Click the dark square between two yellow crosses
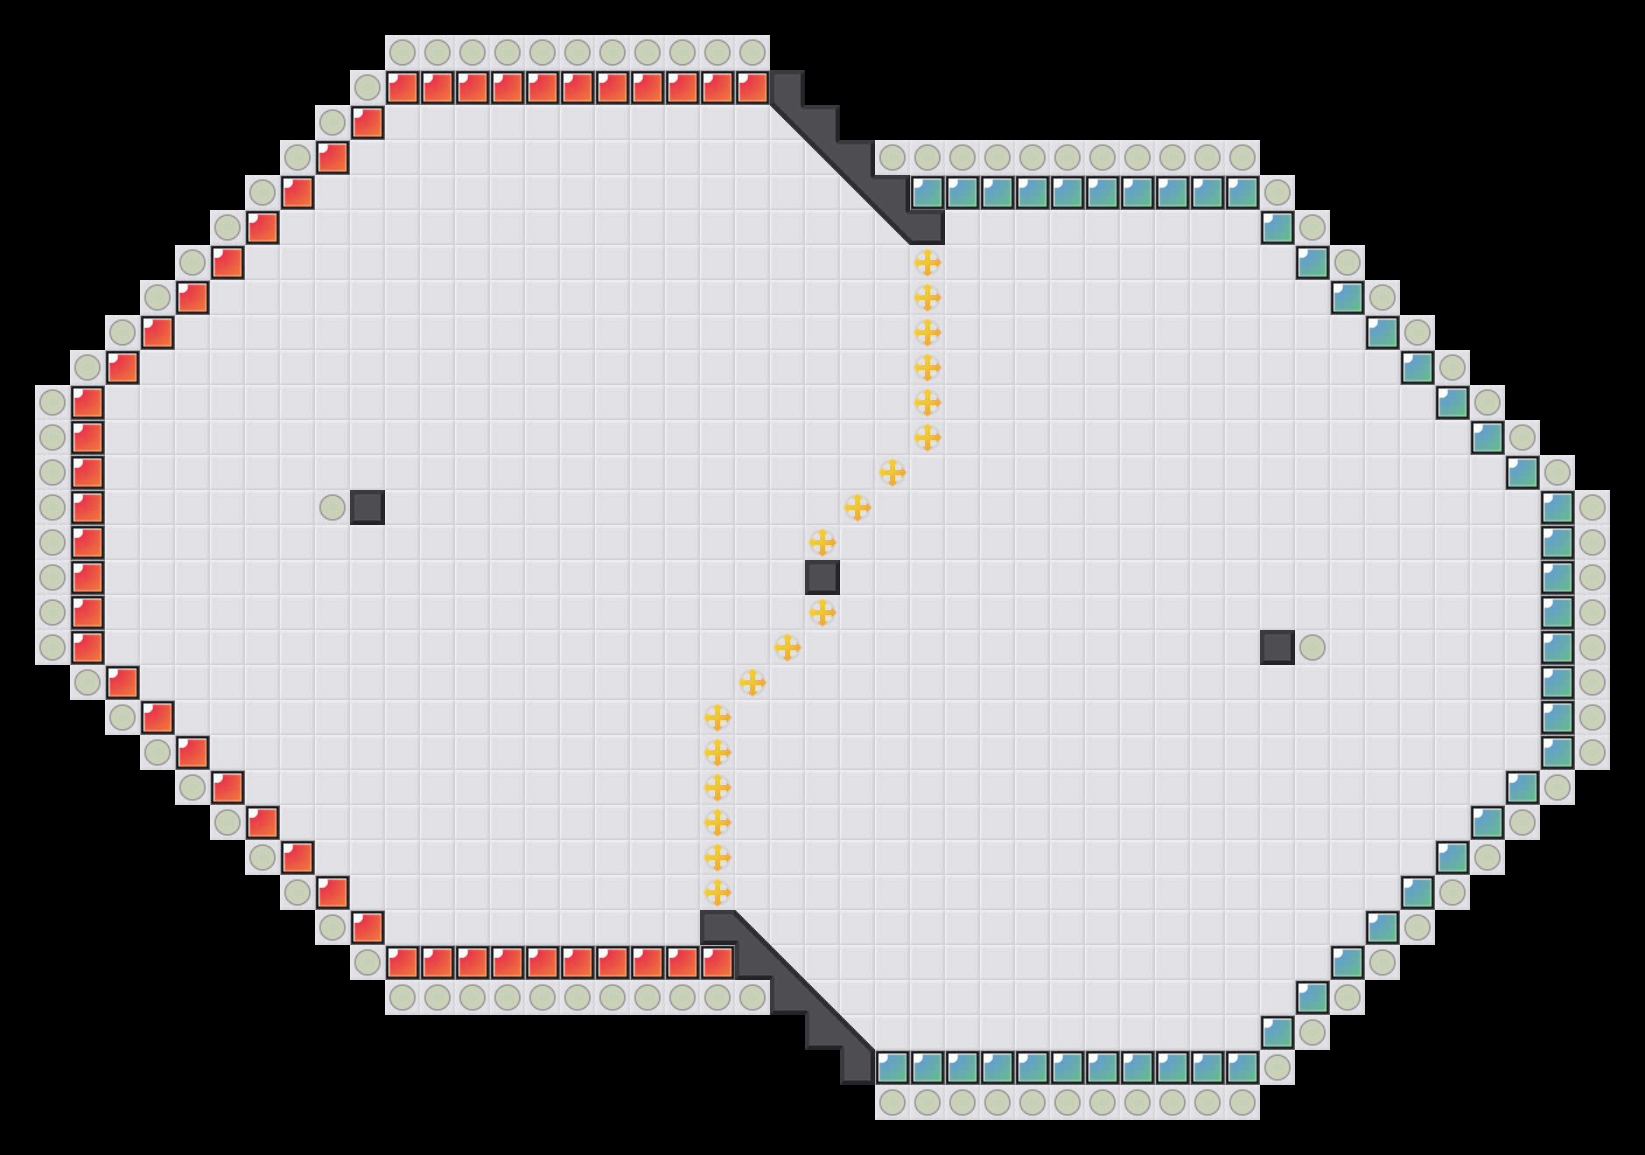tap(822, 577)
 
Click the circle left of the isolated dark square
tap(332, 507)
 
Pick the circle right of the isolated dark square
tap(1312, 647)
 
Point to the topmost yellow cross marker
tap(927, 262)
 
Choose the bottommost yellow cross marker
tap(717, 892)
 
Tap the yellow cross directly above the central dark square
tap(822, 542)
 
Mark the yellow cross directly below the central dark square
tap(822, 612)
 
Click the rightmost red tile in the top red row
tap(752, 87)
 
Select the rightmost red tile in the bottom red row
tap(717, 962)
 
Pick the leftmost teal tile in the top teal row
tap(927, 192)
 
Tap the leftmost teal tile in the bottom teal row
tap(892, 1067)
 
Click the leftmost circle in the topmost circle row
tap(402, 52)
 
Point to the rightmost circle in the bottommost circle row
tap(1242, 1102)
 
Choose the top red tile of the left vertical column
tap(87, 402)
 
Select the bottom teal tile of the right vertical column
tap(1557, 752)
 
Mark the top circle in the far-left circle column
tap(52, 402)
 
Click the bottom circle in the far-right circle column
tap(1592, 752)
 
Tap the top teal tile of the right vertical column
tap(1557, 507)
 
